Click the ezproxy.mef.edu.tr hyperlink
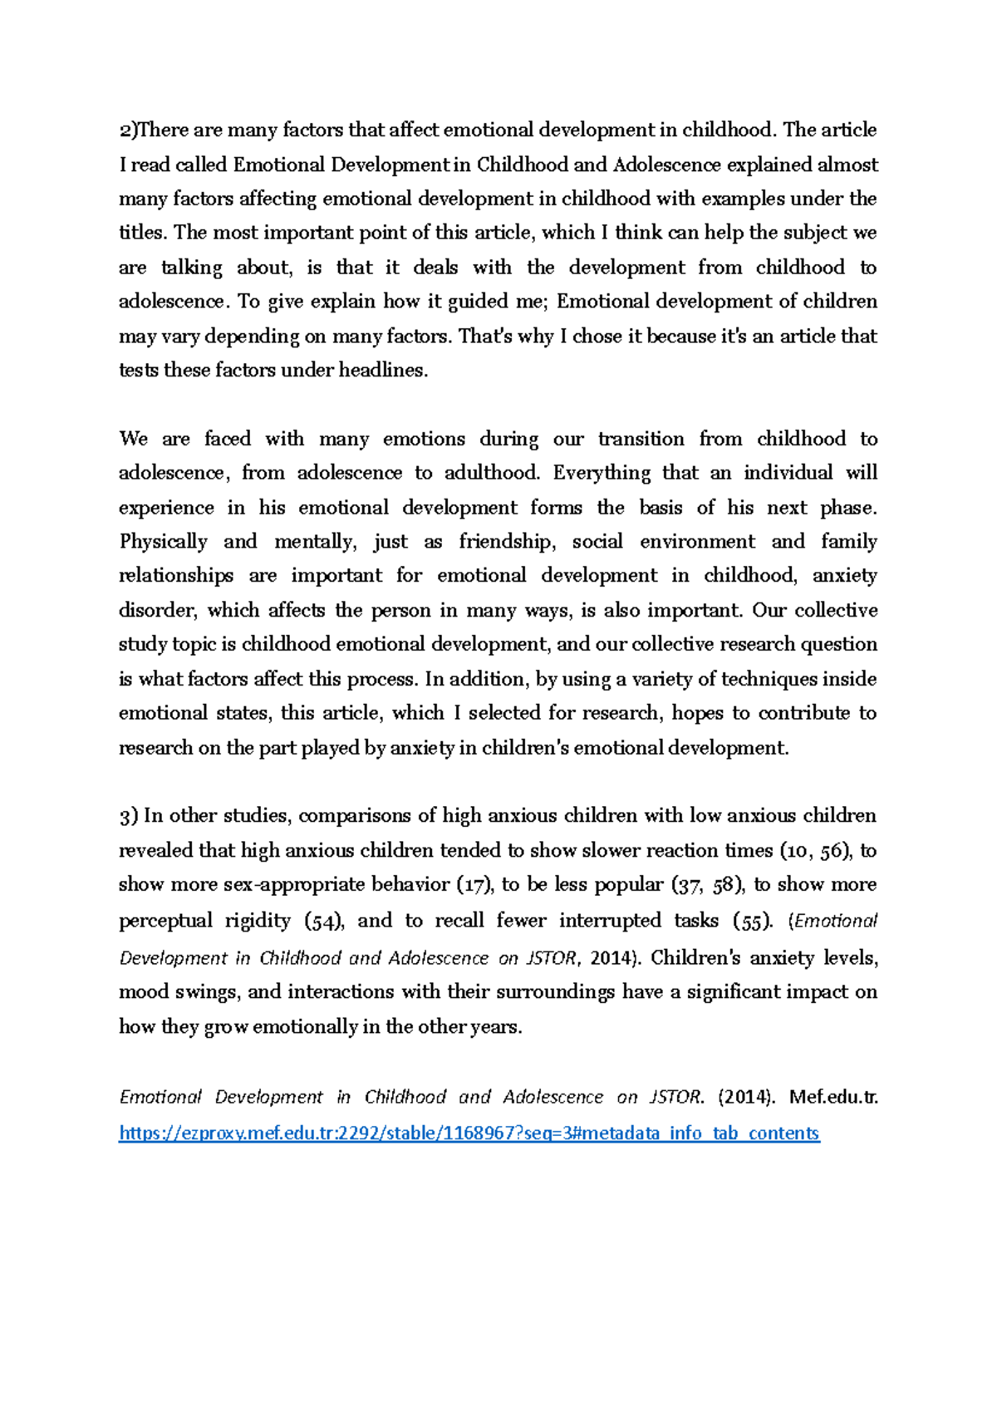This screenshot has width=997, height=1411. coord(469,1133)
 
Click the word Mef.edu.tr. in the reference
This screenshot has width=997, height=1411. coord(833,1097)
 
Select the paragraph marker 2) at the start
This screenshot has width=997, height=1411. coord(127,130)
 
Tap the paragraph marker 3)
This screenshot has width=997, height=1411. coord(129,817)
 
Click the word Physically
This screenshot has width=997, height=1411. coord(164,543)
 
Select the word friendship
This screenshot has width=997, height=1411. coord(507,543)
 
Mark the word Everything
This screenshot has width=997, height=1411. coord(602,474)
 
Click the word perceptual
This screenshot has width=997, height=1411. coord(165,921)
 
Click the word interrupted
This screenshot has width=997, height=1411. coord(610,921)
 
